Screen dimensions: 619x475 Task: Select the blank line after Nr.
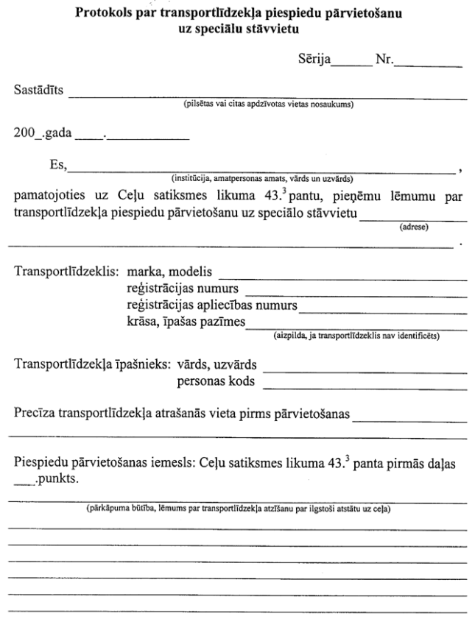[x=428, y=66]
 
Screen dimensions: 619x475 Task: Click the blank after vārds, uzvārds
[x=365, y=369]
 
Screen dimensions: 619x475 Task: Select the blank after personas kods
[x=365, y=386]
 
